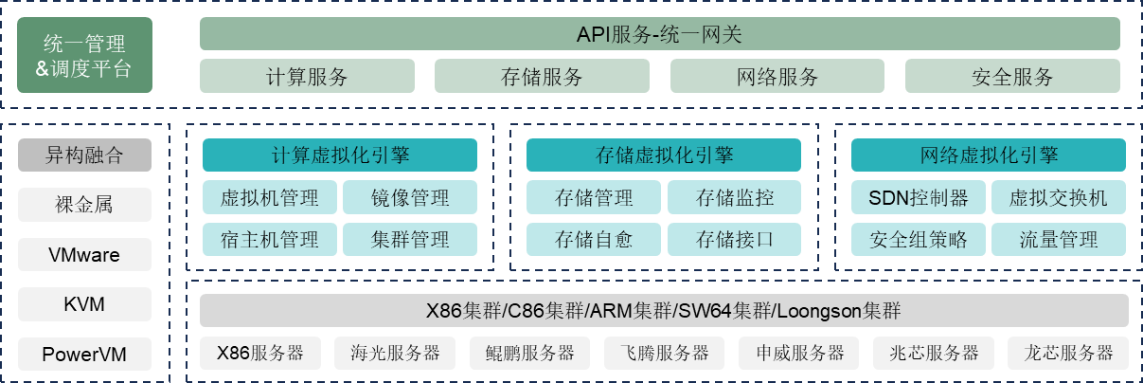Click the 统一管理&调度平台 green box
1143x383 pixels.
84,56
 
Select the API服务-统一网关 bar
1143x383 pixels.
659,34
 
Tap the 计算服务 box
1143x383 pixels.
307,77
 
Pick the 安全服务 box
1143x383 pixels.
1012,77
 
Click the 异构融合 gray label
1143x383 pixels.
84,155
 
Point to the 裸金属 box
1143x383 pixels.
84,204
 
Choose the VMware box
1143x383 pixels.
84,254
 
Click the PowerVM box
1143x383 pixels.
84,356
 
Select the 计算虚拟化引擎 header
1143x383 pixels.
340,155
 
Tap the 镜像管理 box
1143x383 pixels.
410,198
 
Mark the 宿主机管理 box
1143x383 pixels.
269,239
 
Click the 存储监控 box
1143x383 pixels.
734,198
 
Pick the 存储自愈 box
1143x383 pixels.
593,239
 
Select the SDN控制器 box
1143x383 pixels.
918,198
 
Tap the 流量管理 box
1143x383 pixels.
1059,239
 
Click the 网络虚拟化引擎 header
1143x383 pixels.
989,155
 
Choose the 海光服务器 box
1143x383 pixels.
387,354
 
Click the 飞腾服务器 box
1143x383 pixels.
657,354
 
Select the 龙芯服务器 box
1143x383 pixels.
1068,354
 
